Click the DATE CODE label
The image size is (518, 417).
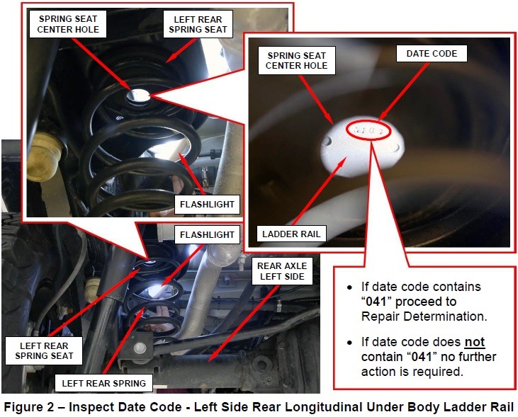(x=432, y=54)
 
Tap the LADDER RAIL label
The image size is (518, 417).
(x=291, y=234)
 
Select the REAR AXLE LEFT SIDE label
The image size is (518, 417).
(x=282, y=271)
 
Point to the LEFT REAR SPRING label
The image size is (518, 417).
(x=103, y=383)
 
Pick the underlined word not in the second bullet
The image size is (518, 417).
(x=475, y=342)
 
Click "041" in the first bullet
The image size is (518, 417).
(x=376, y=302)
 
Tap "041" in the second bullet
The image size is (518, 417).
(x=422, y=357)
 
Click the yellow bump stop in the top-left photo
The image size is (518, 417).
(x=44, y=156)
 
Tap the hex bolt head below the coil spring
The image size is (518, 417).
(x=140, y=347)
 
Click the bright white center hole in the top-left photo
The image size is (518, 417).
(x=138, y=96)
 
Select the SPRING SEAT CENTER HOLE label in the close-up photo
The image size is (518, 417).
(x=297, y=60)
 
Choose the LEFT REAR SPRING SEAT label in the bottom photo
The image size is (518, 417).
(x=44, y=350)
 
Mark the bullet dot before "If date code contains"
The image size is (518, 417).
(x=349, y=288)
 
